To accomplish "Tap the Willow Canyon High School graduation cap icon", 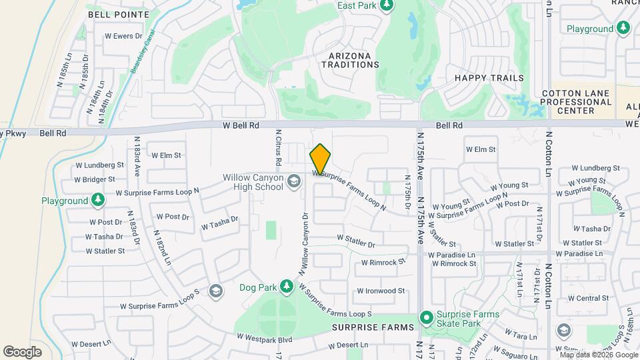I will click(x=293, y=181).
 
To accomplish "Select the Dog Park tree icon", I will click(x=287, y=286).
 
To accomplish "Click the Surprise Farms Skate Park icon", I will click(x=425, y=317).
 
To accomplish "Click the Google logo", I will click(x=22, y=351).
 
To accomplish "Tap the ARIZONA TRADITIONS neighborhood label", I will click(x=350, y=60).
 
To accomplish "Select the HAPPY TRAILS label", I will click(x=489, y=78).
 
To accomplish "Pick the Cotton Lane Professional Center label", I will click(x=576, y=102).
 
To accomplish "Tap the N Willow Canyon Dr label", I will click(x=304, y=244).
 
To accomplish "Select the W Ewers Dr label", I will click(x=124, y=36).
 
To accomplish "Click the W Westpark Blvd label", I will click(x=267, y=339).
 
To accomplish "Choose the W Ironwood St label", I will click(x=381, y=291).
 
